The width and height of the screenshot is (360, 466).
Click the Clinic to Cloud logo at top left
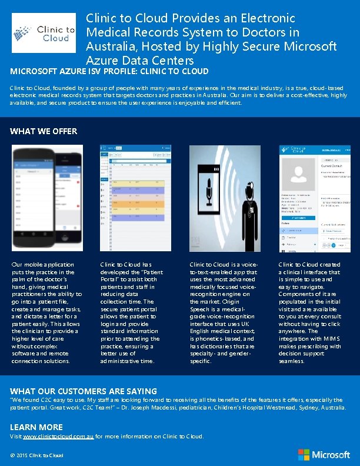[44, 33]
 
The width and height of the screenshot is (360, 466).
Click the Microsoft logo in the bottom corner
[324, 454]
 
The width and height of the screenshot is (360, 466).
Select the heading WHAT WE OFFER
[44, 131]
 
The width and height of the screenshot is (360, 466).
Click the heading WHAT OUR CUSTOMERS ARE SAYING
[84, 391]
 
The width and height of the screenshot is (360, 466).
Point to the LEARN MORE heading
[36, 427]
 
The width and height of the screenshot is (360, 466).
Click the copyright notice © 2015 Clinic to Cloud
[36, 455]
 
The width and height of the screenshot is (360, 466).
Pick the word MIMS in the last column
[327, 339]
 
